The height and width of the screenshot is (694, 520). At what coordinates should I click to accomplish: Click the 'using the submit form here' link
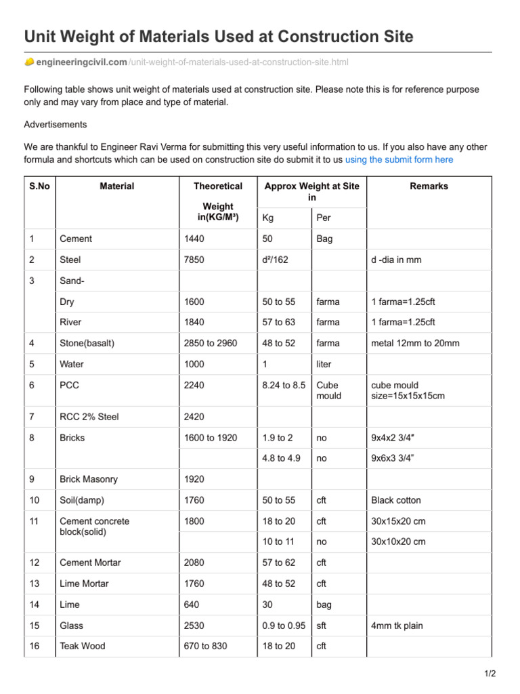tap(399, 160)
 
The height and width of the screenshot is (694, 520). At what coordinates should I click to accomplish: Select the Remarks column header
tap(429, 186)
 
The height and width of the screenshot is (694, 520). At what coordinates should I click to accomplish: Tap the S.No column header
tap(39, 186)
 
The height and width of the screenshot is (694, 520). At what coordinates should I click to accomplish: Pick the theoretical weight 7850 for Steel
tap(194, 260)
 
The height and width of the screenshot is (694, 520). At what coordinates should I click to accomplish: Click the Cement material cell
tap(76, 239)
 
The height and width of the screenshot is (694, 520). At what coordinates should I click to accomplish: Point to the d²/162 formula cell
tap(275, 260)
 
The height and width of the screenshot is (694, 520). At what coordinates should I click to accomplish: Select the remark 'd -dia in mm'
tap(396, 260)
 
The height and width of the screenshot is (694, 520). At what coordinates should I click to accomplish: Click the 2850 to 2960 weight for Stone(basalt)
tap(210, 344)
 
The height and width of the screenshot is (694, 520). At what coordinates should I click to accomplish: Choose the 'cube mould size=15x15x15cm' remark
tap(408, 390)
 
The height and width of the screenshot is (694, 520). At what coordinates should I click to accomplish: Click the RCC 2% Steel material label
tap(89, 417)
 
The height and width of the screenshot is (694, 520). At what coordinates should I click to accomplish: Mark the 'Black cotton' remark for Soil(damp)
tap(396, 500)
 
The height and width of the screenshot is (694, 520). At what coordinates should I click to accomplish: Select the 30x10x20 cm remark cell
tap(398, 542)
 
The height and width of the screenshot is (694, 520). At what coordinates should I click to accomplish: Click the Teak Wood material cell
tap(83, 647)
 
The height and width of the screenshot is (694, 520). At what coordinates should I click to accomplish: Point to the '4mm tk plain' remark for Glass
tap(397, 626)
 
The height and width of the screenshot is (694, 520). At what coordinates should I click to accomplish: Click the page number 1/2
tap(490, 674)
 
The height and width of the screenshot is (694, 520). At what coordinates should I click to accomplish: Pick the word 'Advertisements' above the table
tap(56, 125)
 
